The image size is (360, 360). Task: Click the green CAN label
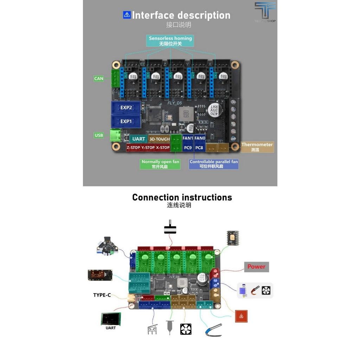99,78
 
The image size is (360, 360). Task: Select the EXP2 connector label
126,108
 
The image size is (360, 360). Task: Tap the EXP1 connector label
126,121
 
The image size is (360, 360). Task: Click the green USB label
99,135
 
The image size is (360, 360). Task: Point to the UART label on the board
139,139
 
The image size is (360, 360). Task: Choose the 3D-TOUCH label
159,139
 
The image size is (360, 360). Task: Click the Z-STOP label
133,148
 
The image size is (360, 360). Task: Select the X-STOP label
163,148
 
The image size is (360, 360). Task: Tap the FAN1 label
188,139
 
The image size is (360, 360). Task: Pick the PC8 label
199,148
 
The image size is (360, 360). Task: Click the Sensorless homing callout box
171,41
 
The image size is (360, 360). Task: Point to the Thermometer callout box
257,147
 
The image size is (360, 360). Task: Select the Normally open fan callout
160,164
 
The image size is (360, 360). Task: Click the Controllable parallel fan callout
214,164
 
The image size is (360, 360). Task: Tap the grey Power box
257,267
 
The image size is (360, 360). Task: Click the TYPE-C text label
102,295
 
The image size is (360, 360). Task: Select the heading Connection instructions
182,198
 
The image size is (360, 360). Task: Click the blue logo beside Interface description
127,15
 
